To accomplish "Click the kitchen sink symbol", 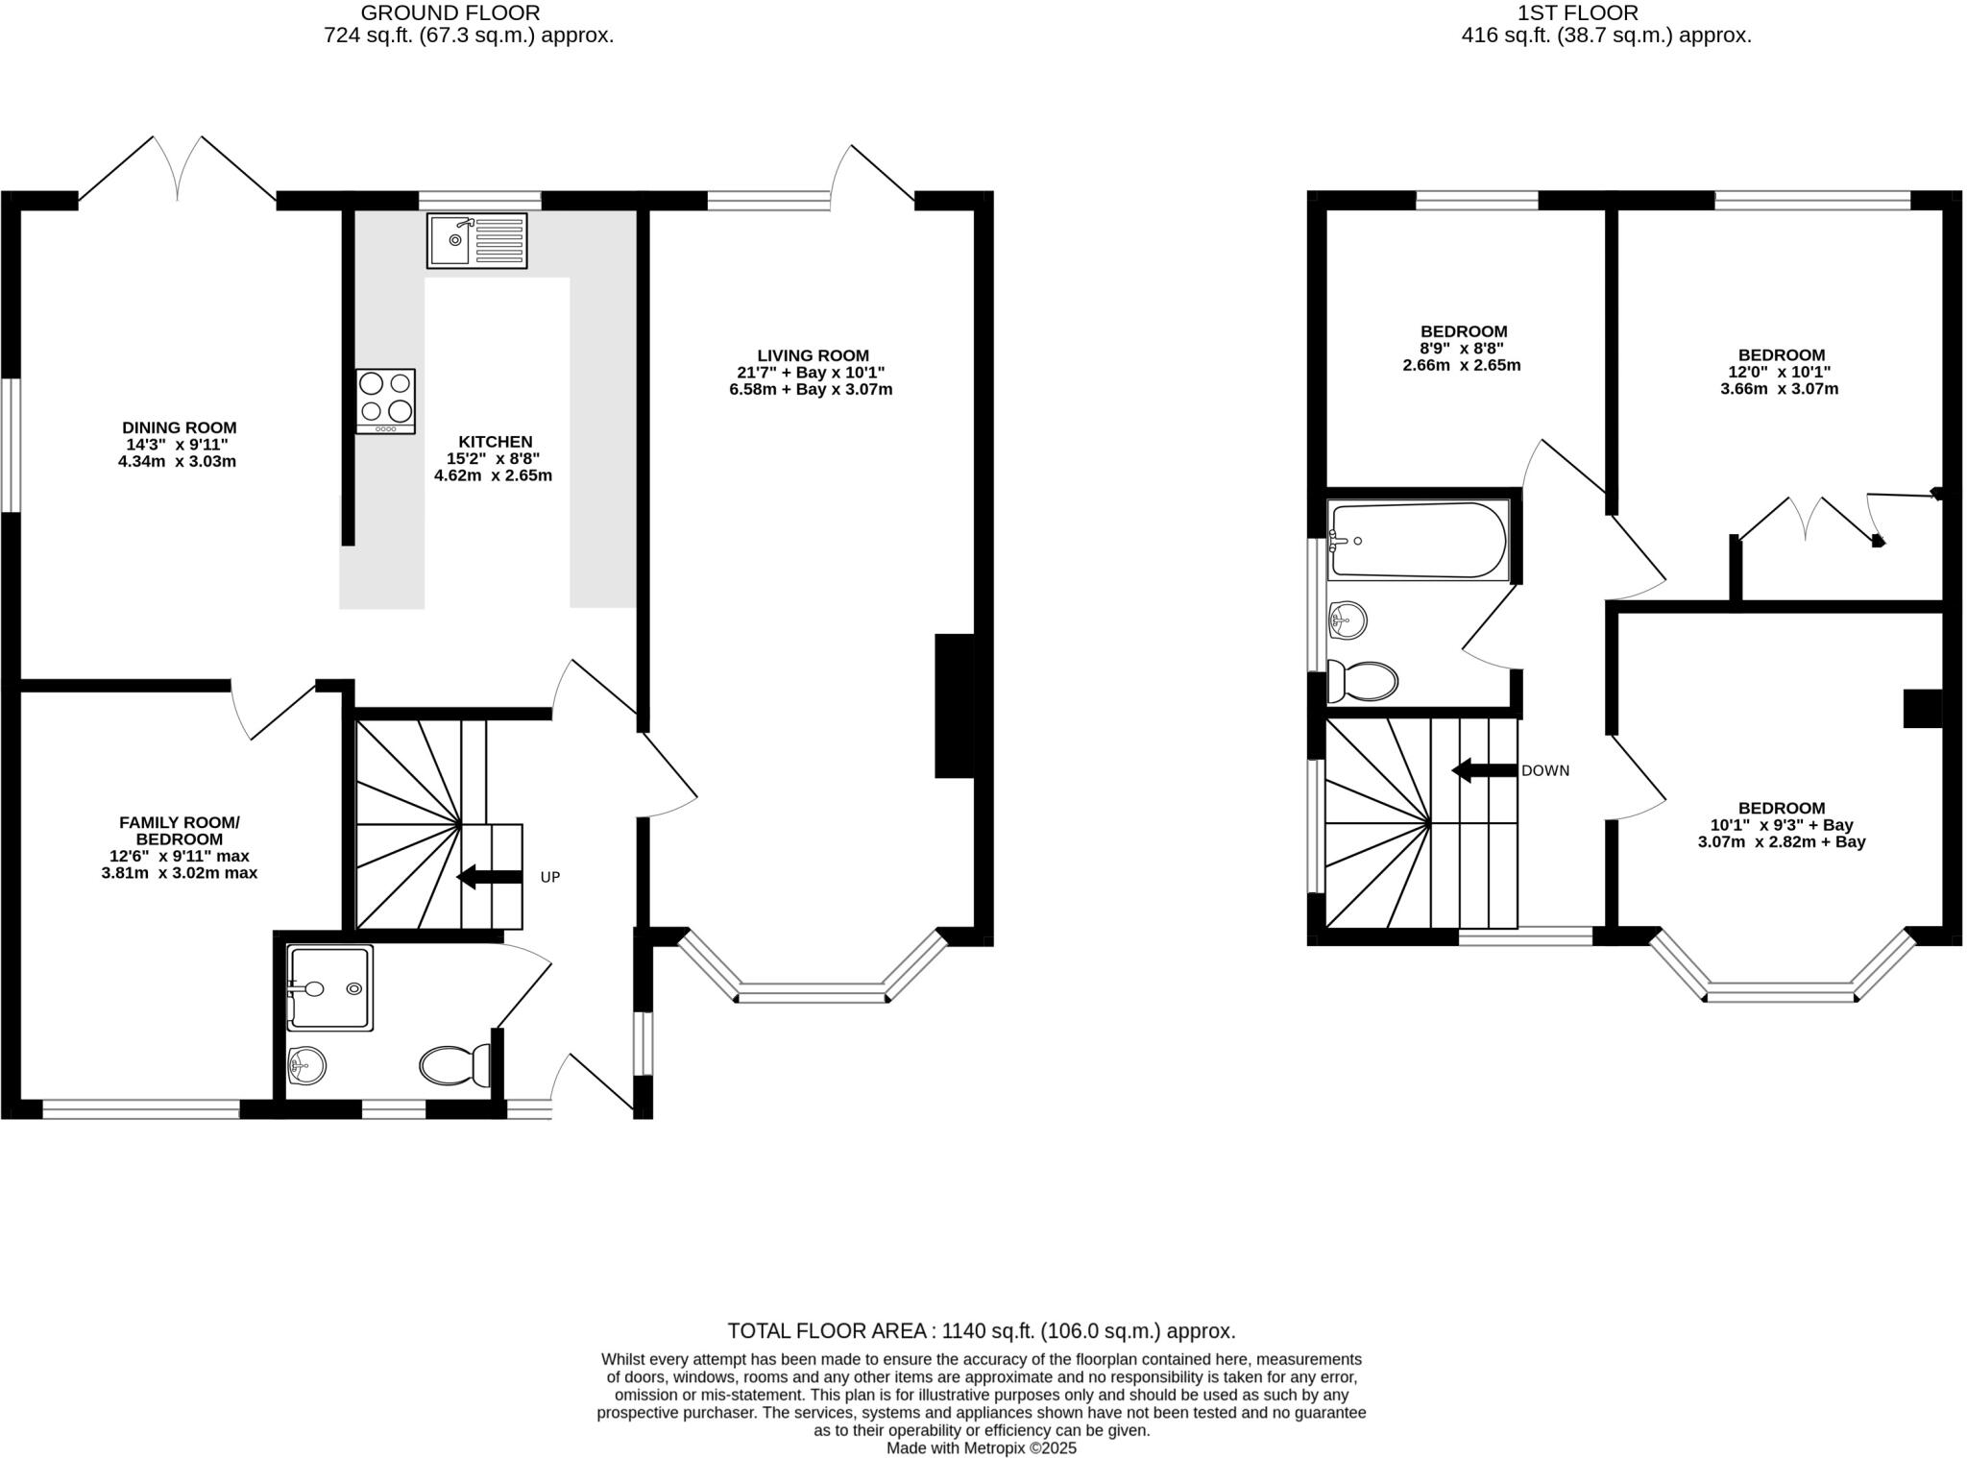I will pos(476,240).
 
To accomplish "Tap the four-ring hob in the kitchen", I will pos(385,401).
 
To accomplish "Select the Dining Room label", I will pos(179,427).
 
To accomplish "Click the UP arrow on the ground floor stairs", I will pos(488,876).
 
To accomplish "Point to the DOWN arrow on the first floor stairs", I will pos(1483,770).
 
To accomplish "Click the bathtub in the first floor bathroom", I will pos(1418,541).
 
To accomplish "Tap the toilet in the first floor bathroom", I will pos(1363,682).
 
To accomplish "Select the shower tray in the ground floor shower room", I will pos(329,988).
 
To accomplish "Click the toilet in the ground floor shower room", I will pos(455,1065).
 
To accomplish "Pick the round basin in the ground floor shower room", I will pos(306,1064).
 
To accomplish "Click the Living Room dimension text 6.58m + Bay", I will pos(811,389).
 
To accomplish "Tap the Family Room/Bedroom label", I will pos(179,831).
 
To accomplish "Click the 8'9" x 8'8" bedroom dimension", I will pos(1463,349).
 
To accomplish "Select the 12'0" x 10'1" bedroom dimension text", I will pos(1779,372).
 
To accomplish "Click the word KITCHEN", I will pos(496,442).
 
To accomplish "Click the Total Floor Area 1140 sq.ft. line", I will pos(981,1331).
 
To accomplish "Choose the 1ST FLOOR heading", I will pos(1606,13).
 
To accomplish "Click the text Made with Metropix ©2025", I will pos(981,1447).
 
